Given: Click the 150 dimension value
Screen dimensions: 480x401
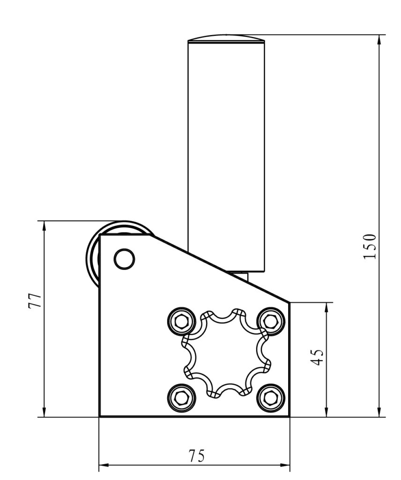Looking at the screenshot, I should click(x=370, y=246).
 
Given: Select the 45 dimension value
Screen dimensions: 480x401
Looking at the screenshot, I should click(x=318, y=357).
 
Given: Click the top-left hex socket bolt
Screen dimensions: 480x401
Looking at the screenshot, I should click(x=181, y=321).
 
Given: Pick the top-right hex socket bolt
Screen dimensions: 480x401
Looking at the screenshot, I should click(x=270, y=321).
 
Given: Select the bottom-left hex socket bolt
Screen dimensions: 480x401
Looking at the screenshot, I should click(x=181, y=398).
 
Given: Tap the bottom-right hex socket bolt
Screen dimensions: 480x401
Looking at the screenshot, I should click(x=270, y=398).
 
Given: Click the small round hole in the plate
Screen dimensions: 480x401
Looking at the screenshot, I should click(x=125, y=259).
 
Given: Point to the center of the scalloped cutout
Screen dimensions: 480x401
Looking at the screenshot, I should click(x=226, y=352).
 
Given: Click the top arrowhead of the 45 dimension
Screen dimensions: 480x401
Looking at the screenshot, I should click(x=327, y=307).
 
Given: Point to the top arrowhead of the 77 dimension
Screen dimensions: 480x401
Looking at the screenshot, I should click(x=44, y=226).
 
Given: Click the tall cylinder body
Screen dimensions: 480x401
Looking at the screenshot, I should click(x=226, y=150).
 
